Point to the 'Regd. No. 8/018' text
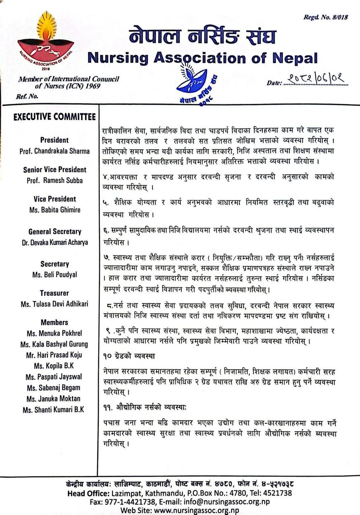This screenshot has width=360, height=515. pos(326,17)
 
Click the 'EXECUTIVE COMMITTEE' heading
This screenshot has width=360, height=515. pos(54,117)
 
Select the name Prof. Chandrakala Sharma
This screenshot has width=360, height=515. pos(54,151)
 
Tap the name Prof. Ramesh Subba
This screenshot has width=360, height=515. pos(55,180)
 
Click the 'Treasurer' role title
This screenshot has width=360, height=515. pos(54,293)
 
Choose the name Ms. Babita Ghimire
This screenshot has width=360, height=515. pos(54,210)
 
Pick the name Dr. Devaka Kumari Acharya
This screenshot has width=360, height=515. pos(54,242)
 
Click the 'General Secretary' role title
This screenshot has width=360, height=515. pos(54,231)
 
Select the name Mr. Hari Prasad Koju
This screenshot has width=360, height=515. pos(54,355)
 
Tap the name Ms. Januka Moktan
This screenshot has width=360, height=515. pos(54,399)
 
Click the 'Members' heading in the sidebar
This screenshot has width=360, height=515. pos(54,322)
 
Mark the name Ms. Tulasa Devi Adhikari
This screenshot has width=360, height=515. pos(54,304)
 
